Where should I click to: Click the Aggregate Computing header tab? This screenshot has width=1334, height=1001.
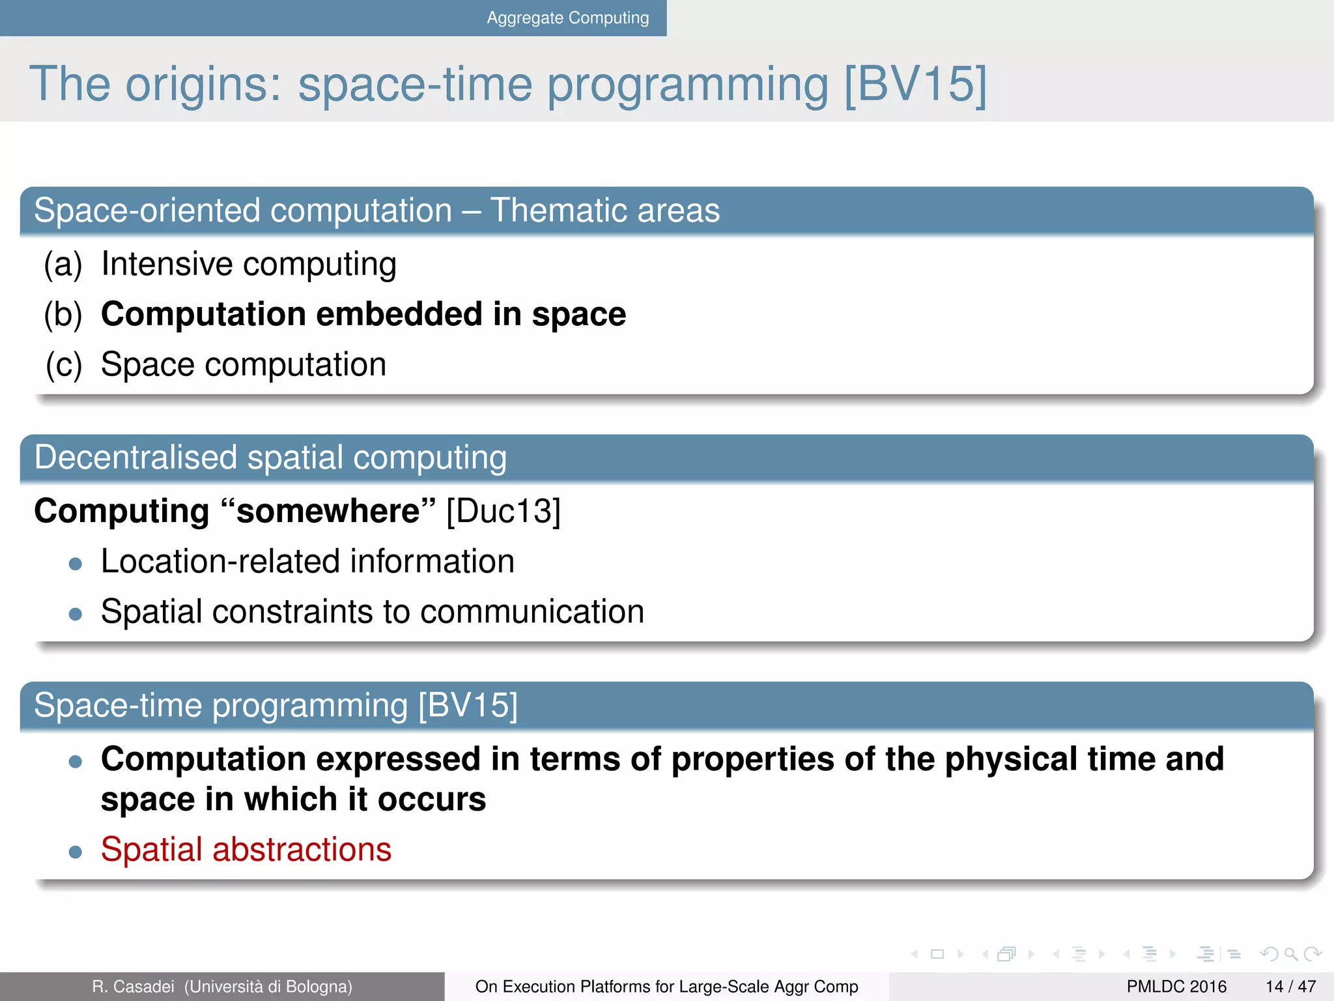coord(567,18)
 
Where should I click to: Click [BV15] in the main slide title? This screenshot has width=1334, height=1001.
coord(915,84)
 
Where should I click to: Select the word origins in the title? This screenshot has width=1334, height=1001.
coord(203,84)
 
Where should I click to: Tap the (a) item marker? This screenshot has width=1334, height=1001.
coord(63,265)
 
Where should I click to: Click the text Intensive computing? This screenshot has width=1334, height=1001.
coord(249,265)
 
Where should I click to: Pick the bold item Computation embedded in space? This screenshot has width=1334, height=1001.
coord(363,314)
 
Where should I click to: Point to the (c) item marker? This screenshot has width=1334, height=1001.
coord(64,364)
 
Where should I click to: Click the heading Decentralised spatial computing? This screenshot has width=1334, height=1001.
coord(270,457)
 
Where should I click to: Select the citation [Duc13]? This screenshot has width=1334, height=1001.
coord(504,511)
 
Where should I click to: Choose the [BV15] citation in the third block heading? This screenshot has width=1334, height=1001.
coord(468,705)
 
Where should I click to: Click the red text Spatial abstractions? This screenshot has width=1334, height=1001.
coord(246,850)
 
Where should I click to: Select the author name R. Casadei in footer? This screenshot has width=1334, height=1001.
coord(133,987)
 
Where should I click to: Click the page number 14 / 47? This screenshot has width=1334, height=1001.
coord(1290,987)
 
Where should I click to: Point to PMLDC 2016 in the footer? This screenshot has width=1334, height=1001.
coord(1176,987)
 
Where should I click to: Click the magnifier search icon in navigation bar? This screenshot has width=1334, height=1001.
coord(1291,955)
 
